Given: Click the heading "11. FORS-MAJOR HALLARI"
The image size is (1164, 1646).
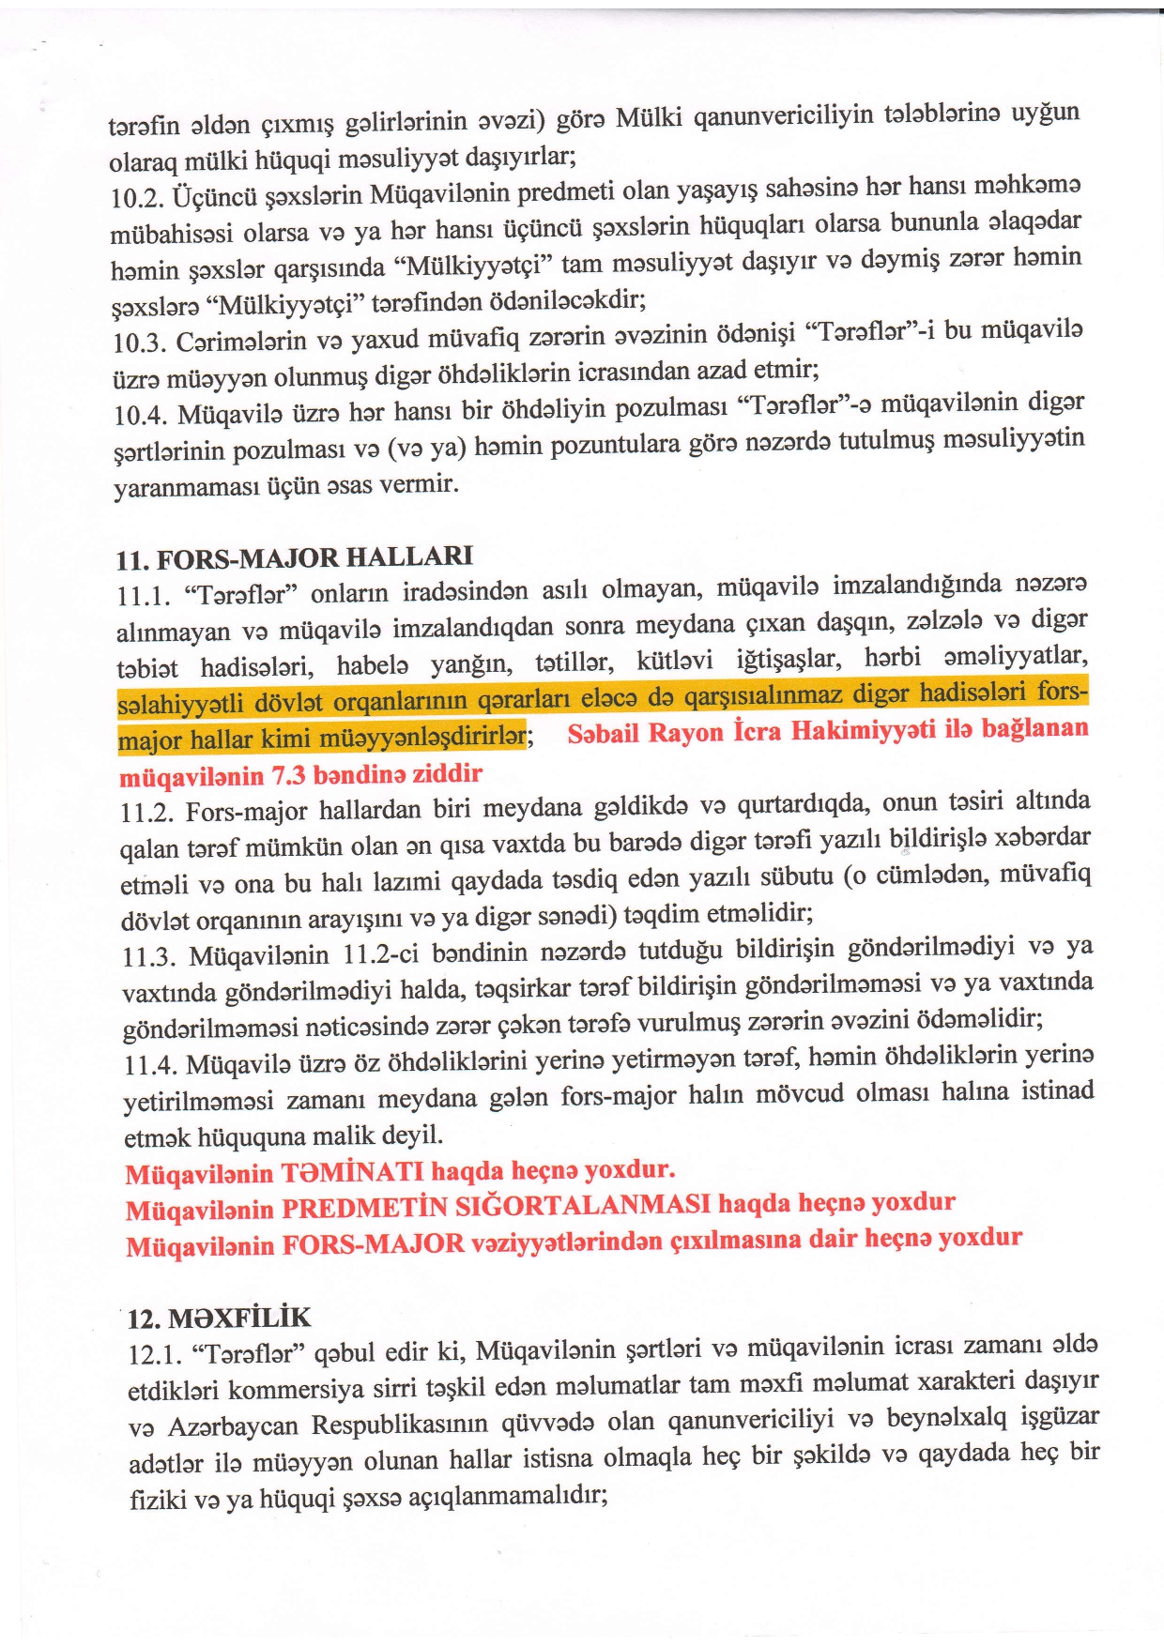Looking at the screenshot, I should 294,557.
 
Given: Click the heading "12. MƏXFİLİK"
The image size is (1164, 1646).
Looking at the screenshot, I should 219,1317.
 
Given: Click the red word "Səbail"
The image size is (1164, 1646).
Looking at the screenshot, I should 604,732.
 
